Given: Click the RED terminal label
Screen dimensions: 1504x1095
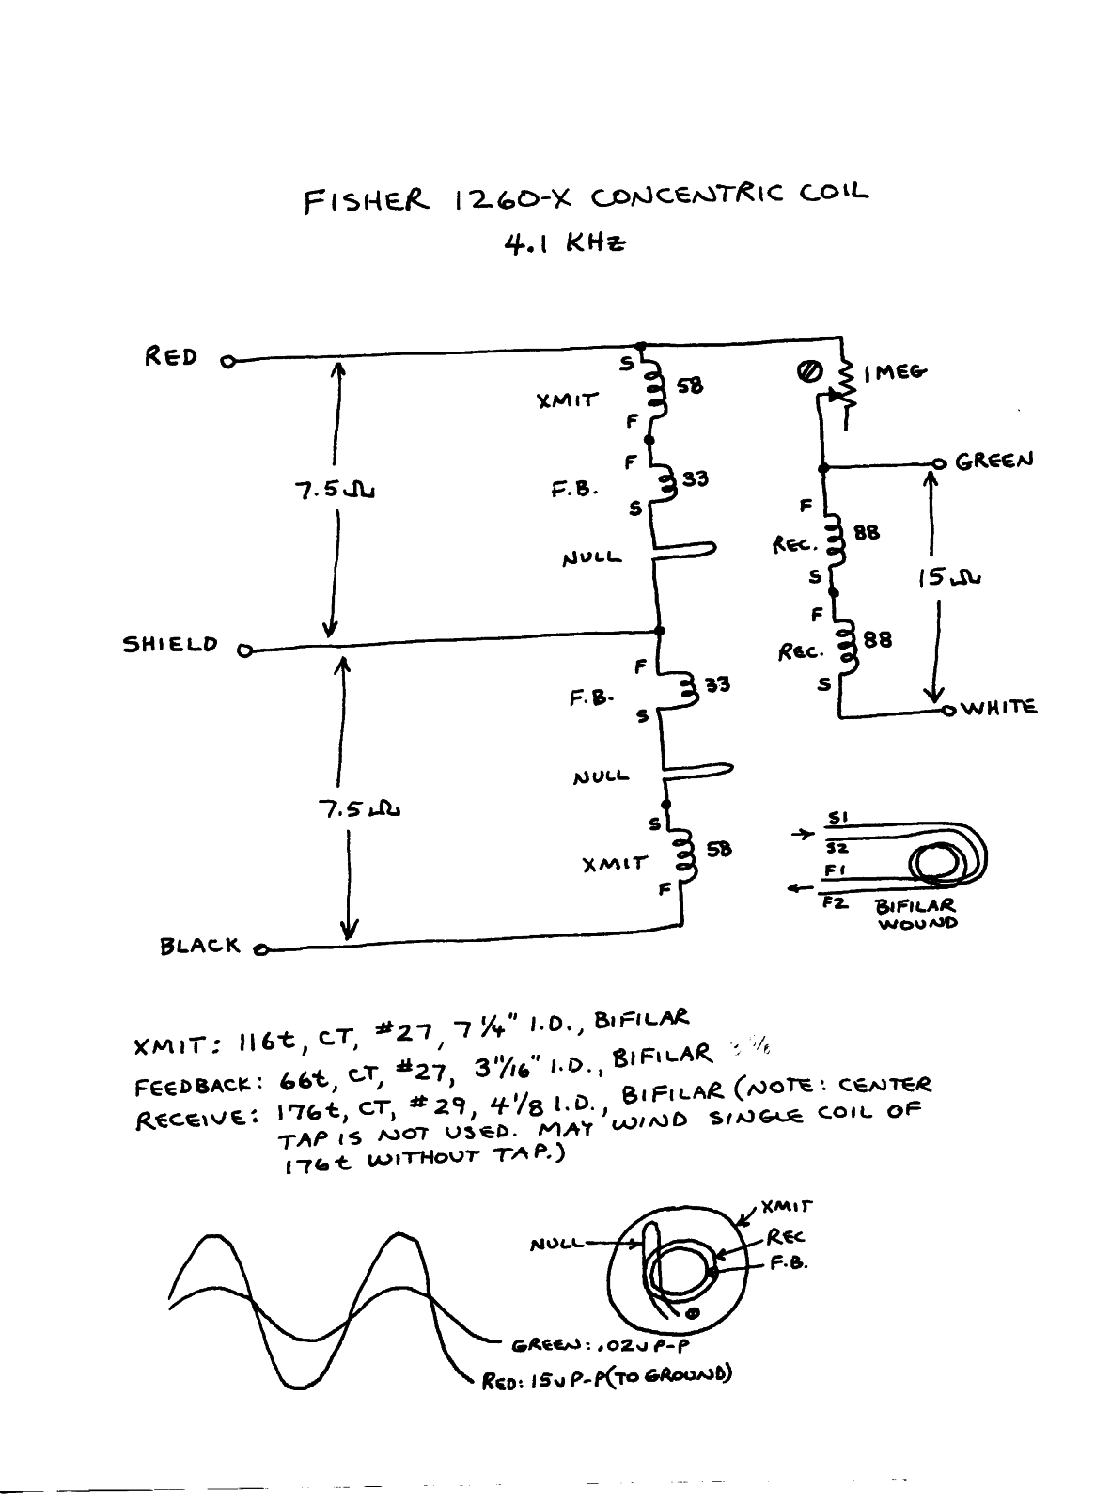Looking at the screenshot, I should click(170, 357).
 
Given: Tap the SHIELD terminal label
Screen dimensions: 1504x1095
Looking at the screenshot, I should click(171, 646).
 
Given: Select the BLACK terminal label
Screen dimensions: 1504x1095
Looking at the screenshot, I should click(199, 946).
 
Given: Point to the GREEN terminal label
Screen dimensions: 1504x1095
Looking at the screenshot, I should click(993, 461).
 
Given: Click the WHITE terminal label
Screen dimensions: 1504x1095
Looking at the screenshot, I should click(999, 707).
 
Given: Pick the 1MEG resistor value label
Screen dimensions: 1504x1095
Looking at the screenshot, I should click(895, 372).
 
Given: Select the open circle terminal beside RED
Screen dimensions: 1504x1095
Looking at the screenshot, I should click(226, 359).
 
